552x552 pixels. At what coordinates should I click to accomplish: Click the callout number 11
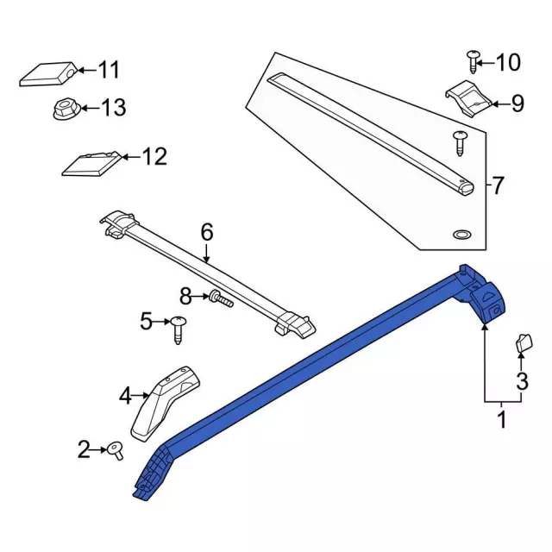click(x=109, y=70)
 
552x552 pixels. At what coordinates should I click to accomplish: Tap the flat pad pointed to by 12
click(x=91, y=164)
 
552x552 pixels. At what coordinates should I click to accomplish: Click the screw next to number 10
click(x=473, y=66)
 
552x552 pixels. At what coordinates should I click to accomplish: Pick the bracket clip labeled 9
click(x=468, y=99)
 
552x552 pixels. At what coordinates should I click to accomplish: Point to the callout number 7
click(x=497, y=185)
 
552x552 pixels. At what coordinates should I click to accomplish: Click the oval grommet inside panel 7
click(x=461, y=235)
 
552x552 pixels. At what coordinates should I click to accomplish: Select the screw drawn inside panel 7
click(x=460, y=143)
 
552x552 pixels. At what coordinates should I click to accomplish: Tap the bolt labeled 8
click(x=221, y=298)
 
